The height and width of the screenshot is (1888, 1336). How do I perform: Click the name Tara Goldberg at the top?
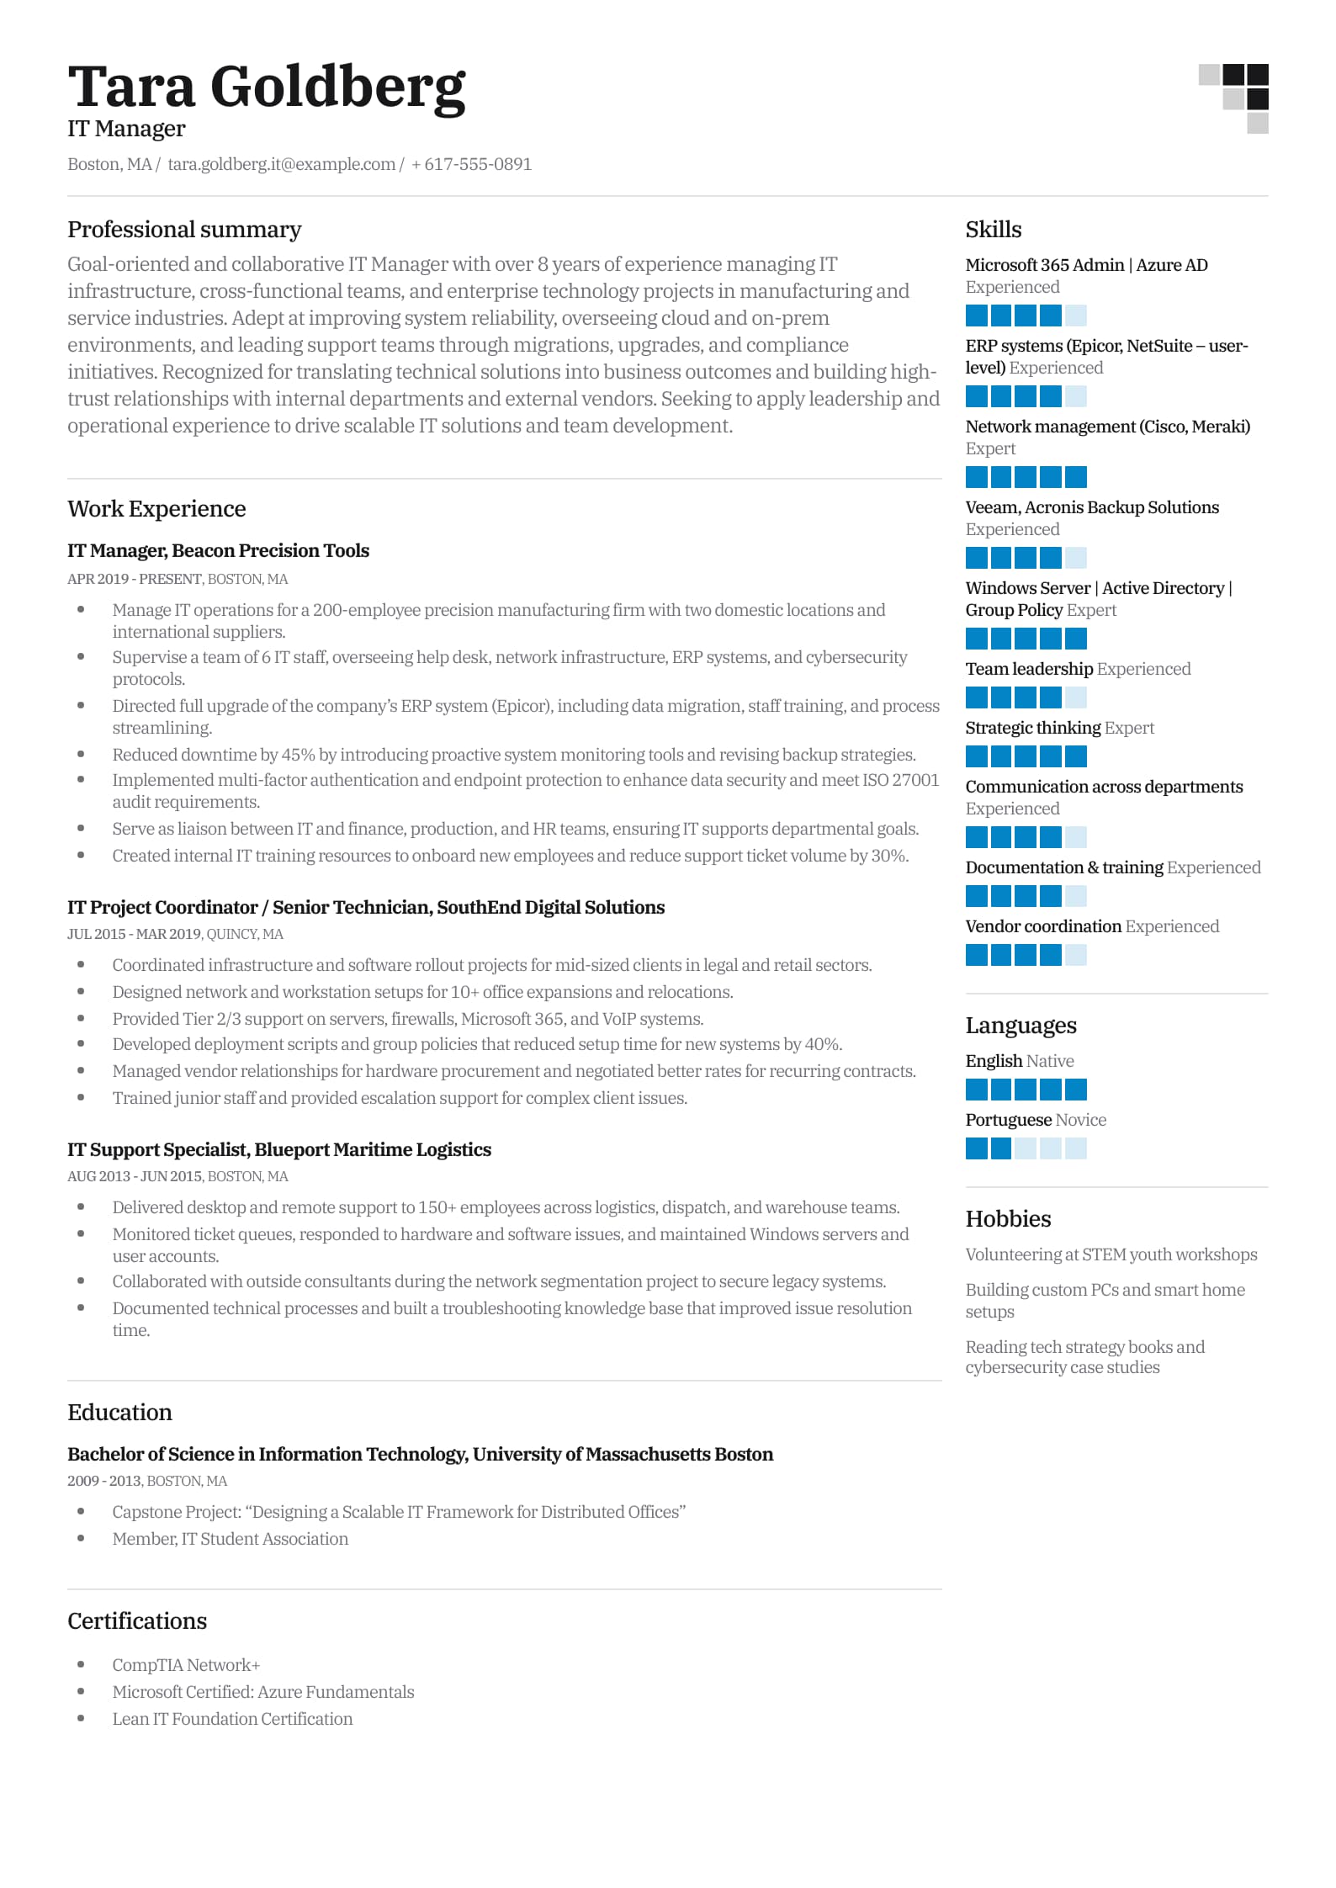click(x=266, y=88)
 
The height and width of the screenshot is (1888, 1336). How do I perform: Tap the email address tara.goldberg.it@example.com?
click(x=281, y=164)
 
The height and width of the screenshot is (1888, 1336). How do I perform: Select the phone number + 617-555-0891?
click(x=471, y=164)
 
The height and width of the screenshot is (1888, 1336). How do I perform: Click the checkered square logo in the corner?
click(x=1233, y=98)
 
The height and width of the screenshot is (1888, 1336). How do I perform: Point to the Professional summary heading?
click(x=184, y=230)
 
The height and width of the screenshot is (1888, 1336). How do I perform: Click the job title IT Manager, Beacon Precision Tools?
click(x=218, y=550)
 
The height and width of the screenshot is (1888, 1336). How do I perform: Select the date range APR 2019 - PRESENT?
click(x=134, y=579)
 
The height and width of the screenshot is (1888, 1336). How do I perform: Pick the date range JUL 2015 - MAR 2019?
click(x=134, y=934)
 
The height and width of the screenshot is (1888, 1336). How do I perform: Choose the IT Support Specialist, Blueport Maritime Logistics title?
click(x=278, y=1149)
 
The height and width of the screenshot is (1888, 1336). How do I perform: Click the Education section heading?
click(x=119, y=1412)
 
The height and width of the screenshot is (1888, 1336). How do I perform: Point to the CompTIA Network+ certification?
click(x=186, y=1664)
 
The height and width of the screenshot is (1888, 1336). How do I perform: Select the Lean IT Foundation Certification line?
click(x=232, y=1718)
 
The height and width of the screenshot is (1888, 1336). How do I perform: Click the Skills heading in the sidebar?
click(x=993, y=230)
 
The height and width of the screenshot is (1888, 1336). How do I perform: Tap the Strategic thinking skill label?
click(x=1032, y=728)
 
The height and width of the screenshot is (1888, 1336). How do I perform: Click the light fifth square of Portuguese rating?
click(x=1075, y=1148)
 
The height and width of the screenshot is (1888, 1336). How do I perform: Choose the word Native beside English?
click(x=1050, y=1061)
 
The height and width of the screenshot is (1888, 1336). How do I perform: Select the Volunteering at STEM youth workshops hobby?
click(x=1111, y=1254)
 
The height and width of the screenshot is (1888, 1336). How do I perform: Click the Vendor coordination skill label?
click(x=1043, y=926)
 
